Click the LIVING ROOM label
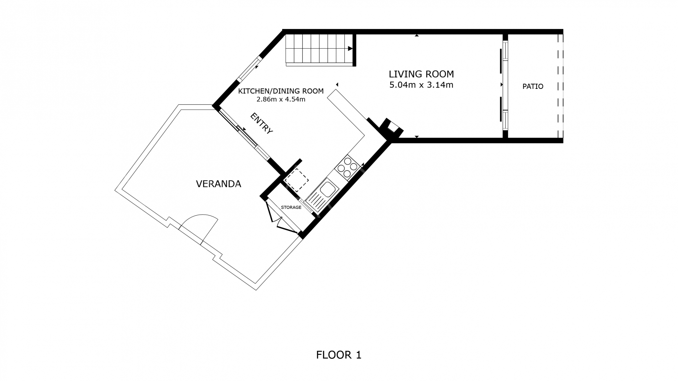pyautogui.click(x=421, y=74)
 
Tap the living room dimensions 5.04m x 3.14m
pyautogui.click(x=421, y=85)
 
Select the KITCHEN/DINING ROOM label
pyautogui.click(x=281, y=91)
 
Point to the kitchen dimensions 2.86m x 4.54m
pyautogui.click(x=281, y=99)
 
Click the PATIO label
pyautogui.click(x=533, y=86)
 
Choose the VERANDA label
pyautogui.click(x=219, y=184)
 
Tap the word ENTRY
pyautogui.click(x=262, y=123)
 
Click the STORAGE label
pyautogui.click(x=291, y=207)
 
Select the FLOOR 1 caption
pyautogui.click(x=339, y=355)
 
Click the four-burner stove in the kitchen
pyautogui.click(x=347, y=168)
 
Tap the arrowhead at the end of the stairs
pyautogui.click(x=350, y=49)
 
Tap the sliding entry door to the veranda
pyautogui.click(x=244, y=132)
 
